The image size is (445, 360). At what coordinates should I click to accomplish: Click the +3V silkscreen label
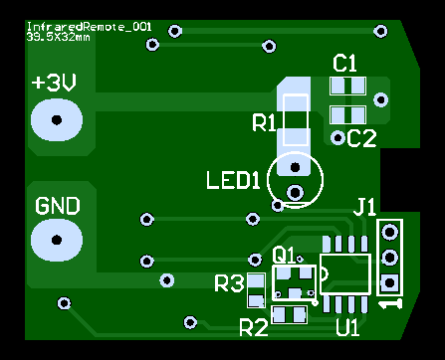click(54, 83)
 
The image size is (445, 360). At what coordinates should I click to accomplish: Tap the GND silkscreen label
click(58, 206)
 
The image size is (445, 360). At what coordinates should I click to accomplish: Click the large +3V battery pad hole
click(57, 119)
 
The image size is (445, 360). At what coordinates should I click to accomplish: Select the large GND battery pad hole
click(57, 240)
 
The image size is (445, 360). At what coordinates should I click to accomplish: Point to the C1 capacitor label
click(344, 64)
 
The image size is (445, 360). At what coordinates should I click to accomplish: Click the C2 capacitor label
click(361, 138)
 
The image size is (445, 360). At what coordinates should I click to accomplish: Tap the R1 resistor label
click(264, 122)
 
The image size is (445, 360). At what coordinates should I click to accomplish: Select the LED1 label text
click(233, 180)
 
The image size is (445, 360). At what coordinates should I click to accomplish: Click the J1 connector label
click(364, 207)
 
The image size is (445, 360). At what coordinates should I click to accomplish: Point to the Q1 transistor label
click(284, 256)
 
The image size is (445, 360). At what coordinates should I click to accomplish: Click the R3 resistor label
click(229, 283)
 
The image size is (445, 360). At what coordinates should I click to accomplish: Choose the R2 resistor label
click(254, 328)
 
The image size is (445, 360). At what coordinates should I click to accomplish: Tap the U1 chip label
click(347, 327)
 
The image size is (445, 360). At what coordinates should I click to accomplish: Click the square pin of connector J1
click(389, 283)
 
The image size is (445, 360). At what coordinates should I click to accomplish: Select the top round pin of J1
click(389, 232)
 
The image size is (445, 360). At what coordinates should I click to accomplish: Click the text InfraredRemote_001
click(89, 27)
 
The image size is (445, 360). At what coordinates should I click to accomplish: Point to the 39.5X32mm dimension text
click(58, 37)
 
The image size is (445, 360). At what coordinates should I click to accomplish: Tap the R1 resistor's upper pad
click(295, 104)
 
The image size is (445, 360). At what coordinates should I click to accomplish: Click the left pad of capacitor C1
click(337, 86)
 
